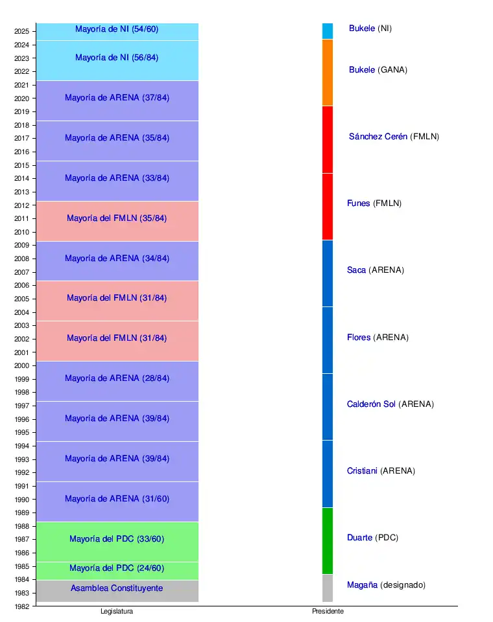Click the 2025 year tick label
pyautogui.click(x=21, y=31)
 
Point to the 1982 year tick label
pyautogui.click(x=21, y=606)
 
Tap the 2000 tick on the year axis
pyautogui.click(x=21, y=365)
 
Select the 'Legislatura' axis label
pyautogui.click(x=117, y=612)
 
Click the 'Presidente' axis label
pyautogui.click(x=328, y=612)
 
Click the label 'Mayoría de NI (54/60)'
pyautogui.click(x=117, y=29)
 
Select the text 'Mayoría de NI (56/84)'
pyautogui.click(x=117, y=58)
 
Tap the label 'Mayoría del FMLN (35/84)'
pyautogui.click(x=117, y=218)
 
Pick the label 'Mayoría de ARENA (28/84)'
pyautogui.click(x=117, y=378)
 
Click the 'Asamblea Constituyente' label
pyautogui.click(x=117, y=588)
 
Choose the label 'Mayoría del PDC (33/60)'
pyautogui.click(x=117, y=539)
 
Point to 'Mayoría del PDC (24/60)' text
pyautogui.click(x=117, y=569)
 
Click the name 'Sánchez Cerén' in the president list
pyautogui.click(x=378, y=137)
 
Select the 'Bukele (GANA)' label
pyautogui.click(x=378, y=70)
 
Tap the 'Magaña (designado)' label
pyautogui.click(x=387, y=585)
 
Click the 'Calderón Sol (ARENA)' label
pyautogui.click(x=391, y=404)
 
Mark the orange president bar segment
pyautogui.click(x=328, y=73)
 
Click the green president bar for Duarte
pyautogui.click(x=328, y=541)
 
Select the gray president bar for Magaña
pyautogui.click(x=328, y=588)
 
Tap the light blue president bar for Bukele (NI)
pyautogui.click(x=328, y=31)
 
